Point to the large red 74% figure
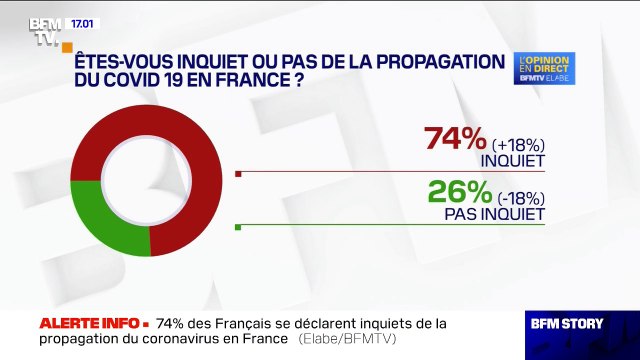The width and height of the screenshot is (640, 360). [456, 138]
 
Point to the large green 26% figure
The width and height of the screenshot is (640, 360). [455, 192]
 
